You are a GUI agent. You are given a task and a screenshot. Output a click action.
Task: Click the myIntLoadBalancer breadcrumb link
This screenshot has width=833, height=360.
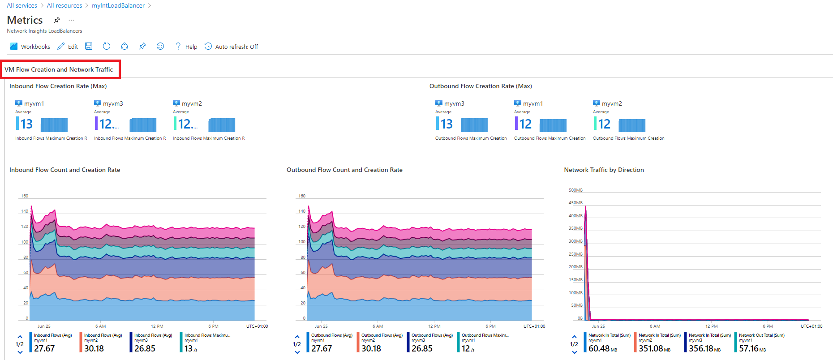coord(118,6)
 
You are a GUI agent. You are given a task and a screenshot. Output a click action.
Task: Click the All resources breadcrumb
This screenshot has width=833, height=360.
coord(64,6)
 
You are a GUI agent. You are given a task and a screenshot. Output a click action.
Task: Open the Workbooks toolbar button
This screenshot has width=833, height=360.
coord(30,47)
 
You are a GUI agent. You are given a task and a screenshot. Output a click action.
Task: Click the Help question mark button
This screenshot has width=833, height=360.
coord(186,47)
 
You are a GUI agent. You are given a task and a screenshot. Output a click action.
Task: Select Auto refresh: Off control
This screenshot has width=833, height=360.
coord(232,47)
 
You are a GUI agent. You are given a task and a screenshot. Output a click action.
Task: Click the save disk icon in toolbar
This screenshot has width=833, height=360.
coord(89,47)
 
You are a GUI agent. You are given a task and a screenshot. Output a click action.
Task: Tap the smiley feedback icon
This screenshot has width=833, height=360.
coord(160,47)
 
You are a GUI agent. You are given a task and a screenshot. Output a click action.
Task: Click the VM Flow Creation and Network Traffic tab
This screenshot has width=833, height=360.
coord(59,69)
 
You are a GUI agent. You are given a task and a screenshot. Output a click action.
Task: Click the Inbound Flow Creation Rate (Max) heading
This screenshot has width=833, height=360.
coord(58,86)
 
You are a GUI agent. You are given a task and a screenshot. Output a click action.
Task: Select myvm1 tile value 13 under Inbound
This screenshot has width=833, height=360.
coord(26,124)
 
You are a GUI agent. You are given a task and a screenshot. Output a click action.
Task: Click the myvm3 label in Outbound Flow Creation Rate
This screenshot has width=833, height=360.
coord(454,103)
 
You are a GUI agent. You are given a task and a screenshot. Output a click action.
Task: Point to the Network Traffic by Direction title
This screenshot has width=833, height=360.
coord(604,170)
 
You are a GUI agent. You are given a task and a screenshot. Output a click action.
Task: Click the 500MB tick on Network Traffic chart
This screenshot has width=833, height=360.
coord(575,190)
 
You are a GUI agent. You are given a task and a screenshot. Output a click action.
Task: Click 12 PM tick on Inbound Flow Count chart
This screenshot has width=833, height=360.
coord(157,326)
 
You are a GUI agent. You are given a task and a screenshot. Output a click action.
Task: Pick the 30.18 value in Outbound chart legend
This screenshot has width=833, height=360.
coord(371,348)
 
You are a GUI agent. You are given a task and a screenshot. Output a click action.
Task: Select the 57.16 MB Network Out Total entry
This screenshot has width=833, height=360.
coord(752,348)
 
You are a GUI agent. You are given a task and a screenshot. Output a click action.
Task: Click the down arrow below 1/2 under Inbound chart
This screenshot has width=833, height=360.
coord(20,353)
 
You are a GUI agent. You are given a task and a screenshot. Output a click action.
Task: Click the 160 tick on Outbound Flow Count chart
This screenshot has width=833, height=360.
coord(302,196)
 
